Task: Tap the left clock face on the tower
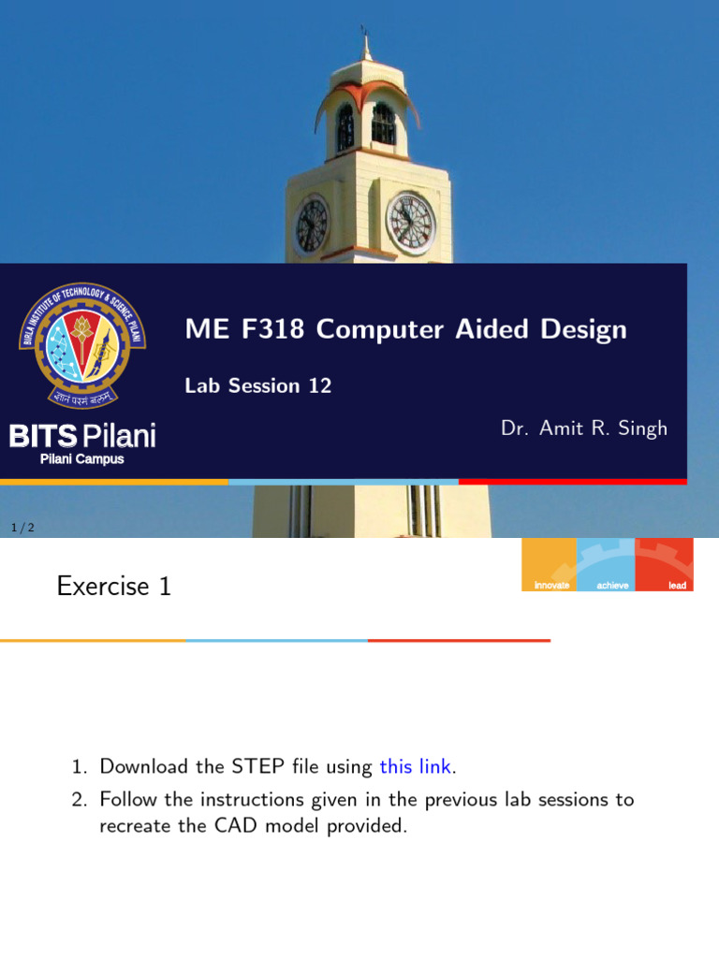tap(312, 225)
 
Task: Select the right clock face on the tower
tap(411, 223)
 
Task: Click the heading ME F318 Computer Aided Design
tap(405, 329)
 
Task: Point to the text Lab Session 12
tap(258, 385)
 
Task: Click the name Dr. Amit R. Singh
tap(584, 428)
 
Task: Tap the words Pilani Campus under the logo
tap(81, 459)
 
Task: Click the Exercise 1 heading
tap(114, 587)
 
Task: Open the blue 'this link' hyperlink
tap(416, 767)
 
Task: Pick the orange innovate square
tap(549, 564)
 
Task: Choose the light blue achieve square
tap(606, 564)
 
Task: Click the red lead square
tap(665, 564)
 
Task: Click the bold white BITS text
tap(42, 436)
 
